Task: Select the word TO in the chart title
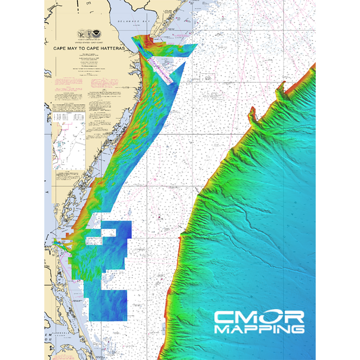pyautogui.click(x=87, y=48)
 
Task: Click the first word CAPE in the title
pyautogui.click(x=61, y=48)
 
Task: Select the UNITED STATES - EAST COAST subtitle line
pyautogui.click(x=89, y=42)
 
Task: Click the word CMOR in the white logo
pyautogui.click(x=259, y=317)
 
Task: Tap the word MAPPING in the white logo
pyautogui.click(x=259, y=329)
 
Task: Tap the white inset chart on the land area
pyautogui.click(x=68, y=140)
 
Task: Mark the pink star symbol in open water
pyautogui.click(x=156, y=179)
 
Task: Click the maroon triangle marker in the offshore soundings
pyautogui.click(x=159, y=218)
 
